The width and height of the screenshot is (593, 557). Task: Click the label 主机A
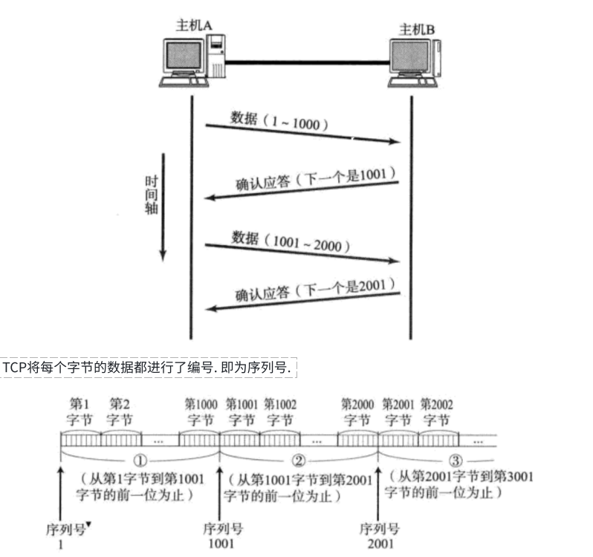tap(195, 25)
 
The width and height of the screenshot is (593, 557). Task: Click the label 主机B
tap(417, 29)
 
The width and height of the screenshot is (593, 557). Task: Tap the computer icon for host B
tap(414, 62)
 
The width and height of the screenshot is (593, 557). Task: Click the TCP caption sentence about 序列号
tap(149, 368)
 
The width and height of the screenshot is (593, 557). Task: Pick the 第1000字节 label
tap(201, 412)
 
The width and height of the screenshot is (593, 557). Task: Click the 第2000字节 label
tap(357, 412)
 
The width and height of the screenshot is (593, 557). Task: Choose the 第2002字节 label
tap(436, 412)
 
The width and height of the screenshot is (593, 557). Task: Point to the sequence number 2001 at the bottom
tap(380, 543)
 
